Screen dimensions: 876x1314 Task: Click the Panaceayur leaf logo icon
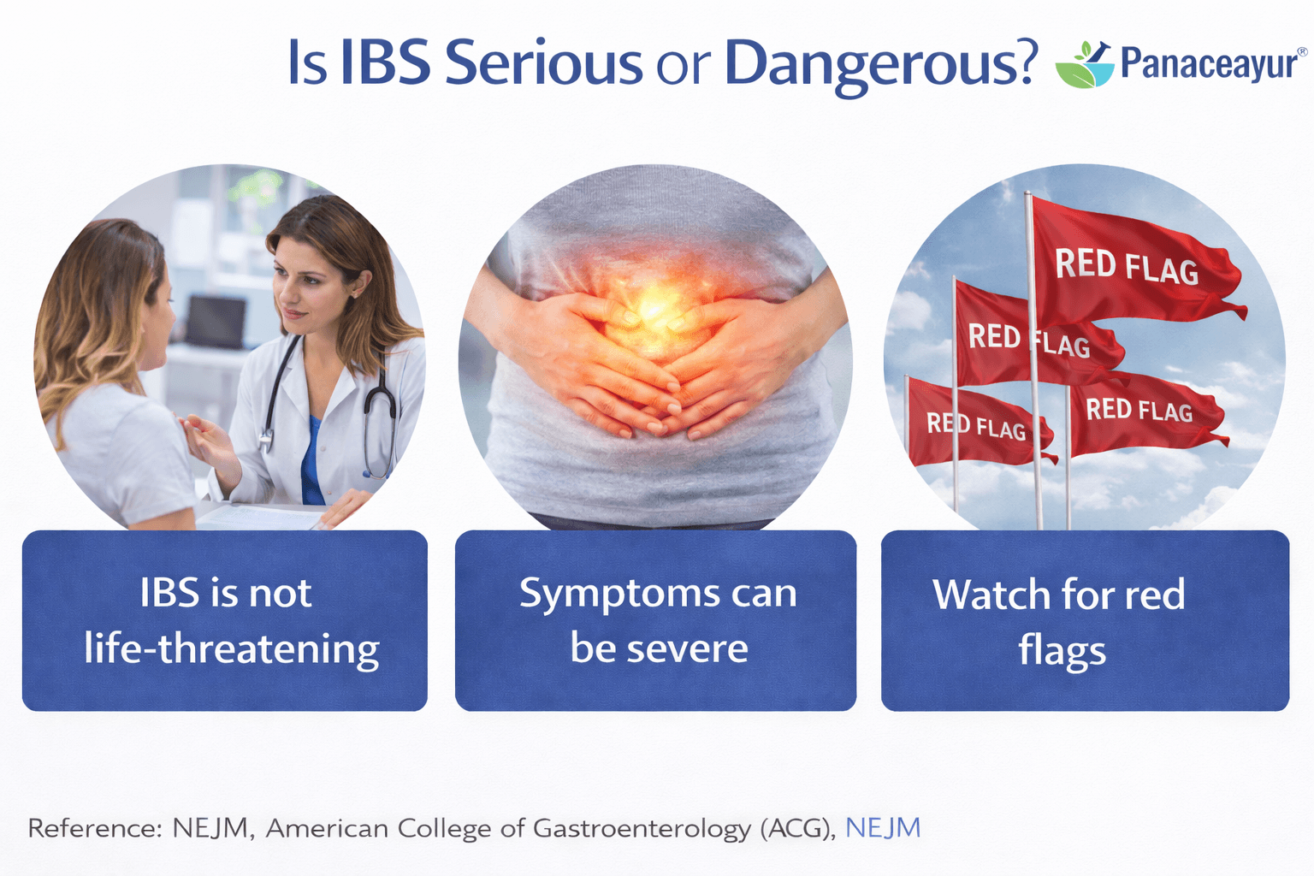click(1084, 64)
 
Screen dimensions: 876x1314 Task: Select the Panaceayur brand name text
click(1209, 63)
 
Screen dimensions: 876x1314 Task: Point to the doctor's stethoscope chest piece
click(266, 440)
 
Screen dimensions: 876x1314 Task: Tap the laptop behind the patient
click(216, 321)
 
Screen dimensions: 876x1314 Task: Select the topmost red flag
click(1129, 265)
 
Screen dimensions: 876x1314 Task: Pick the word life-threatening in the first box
click(232, 649)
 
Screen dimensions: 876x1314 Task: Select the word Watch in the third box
click(991, 595)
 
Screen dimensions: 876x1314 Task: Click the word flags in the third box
click(1062, 651)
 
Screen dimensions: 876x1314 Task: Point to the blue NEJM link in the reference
click(883, 828)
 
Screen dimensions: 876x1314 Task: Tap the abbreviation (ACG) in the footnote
click(796, 828)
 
